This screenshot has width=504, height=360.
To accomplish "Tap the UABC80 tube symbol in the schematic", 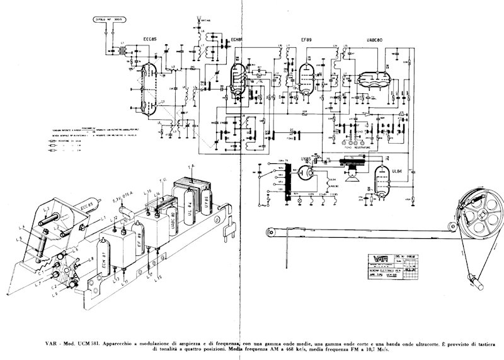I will click(373, 78).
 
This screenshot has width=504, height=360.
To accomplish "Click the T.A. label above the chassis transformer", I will click(193, 165).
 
